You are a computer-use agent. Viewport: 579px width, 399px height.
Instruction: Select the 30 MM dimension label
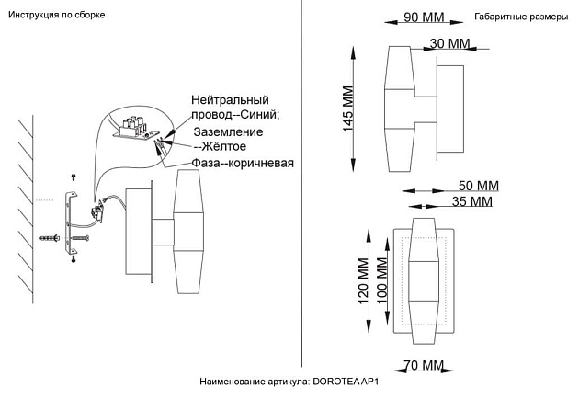pos(449,44)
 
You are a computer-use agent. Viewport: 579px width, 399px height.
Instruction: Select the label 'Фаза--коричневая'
pos(244,164)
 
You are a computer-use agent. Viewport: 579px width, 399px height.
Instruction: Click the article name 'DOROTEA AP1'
pos(346,381)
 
